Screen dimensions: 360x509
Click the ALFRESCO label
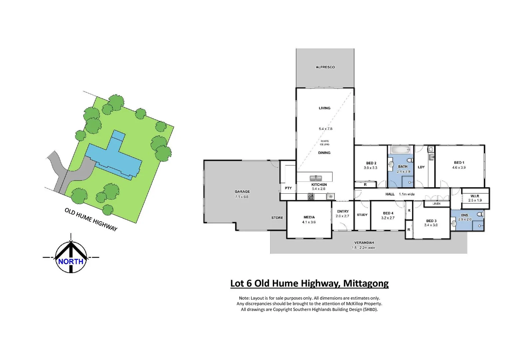[x=325, y=67]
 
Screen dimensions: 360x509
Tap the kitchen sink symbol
[x=315, y=178]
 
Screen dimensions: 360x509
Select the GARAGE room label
[x=242, y=192]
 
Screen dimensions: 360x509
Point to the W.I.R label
[x=475, y=196]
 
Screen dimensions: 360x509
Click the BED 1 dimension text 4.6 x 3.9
[x=459, y=168]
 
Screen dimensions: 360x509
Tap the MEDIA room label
[x=309, y=217]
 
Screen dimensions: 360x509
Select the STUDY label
[x=362, y=215]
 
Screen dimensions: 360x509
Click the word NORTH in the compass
[x=71, y=262]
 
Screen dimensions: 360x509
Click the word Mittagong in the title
[x=366, y=283]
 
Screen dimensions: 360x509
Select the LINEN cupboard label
[x=436, y=204]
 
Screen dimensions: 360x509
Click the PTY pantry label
[x=288, y=188]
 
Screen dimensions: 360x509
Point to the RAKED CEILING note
[x=324, y=143]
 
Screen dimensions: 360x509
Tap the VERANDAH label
[x=364, y=243]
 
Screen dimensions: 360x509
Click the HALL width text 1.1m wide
[x=406, y=194]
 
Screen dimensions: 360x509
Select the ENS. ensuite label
[x=465, y=215]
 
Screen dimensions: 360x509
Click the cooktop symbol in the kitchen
[x=310, y=197]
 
